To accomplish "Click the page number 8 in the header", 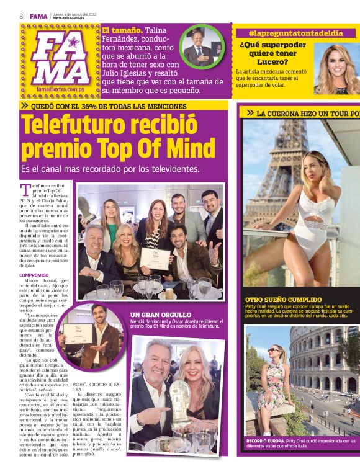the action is (21, 16).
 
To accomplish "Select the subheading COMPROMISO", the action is (34, 275).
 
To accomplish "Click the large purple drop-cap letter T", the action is (25, 189).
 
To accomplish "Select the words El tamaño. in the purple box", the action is (124, 30).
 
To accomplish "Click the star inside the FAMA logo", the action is (73, 43).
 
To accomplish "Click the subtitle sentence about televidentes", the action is (110, 169).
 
